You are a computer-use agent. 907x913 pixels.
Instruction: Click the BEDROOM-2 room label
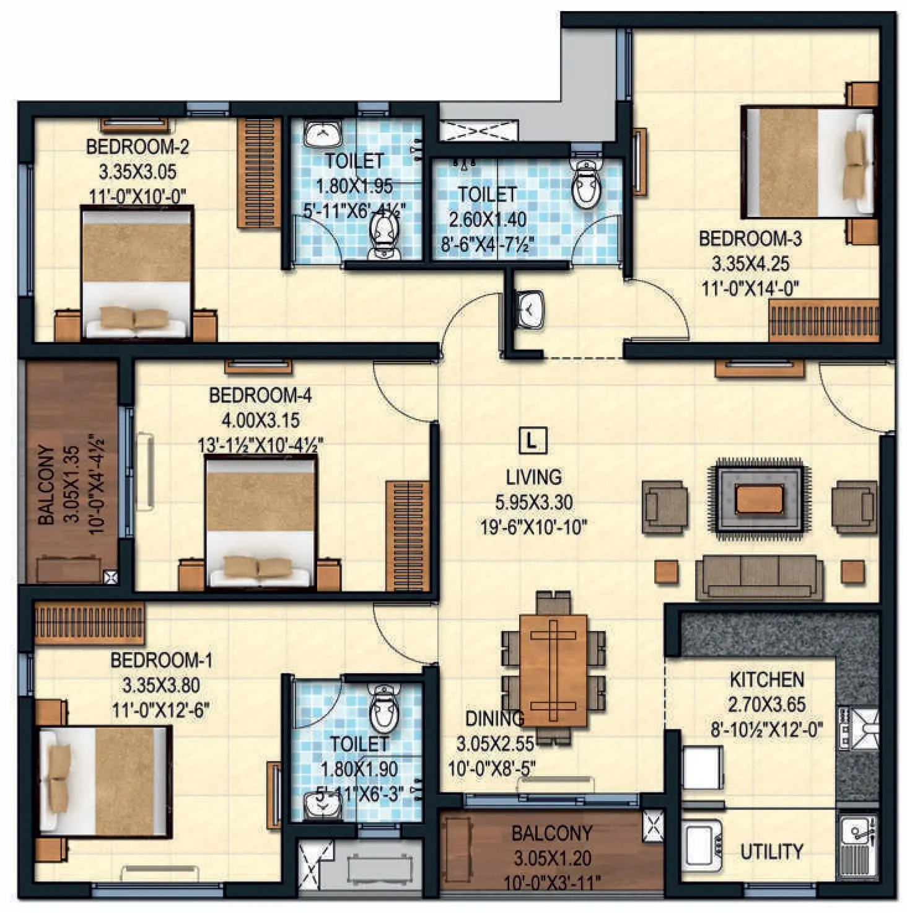tap(138, 147)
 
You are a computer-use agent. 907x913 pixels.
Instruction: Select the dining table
tap(553, 669)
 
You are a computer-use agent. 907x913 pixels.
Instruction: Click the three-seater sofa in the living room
tap(759, 577)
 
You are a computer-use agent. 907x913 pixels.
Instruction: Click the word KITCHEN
tap(766, 680)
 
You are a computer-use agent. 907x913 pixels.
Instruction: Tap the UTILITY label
tap(771, 852)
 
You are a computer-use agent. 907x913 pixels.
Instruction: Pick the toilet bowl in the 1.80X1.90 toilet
tap(383, 709)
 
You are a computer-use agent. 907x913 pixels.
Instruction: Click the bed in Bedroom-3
tap(808, 163)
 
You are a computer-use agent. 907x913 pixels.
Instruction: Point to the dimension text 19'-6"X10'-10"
tap(533, 527)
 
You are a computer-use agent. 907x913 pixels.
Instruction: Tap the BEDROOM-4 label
tap(260, 395)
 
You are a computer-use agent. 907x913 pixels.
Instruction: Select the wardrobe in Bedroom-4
tap(407, 536)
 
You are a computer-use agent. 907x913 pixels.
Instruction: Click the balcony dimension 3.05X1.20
tap(551, 858)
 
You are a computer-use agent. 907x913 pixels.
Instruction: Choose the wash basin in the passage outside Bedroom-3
tap(530, 309)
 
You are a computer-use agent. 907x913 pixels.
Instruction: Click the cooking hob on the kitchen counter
tap(858, 728)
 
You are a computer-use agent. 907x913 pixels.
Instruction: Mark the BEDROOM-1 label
tap(161, 661)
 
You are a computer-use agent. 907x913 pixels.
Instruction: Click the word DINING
tap(494, 719)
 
